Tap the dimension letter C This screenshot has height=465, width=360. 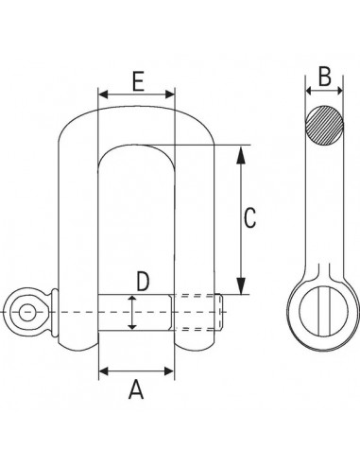249,218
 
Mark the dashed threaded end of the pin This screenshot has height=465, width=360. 199,312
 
